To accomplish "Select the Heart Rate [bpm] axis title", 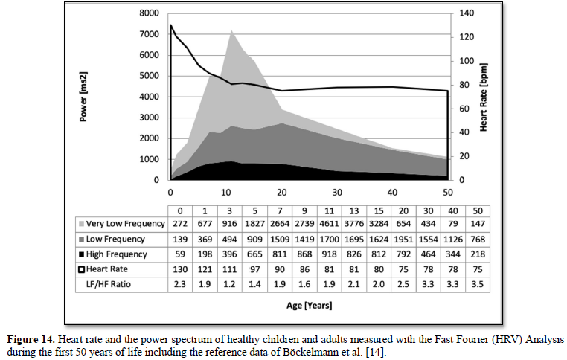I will click(x=483, y=97).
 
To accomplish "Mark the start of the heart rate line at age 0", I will click(x=171, y=25).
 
